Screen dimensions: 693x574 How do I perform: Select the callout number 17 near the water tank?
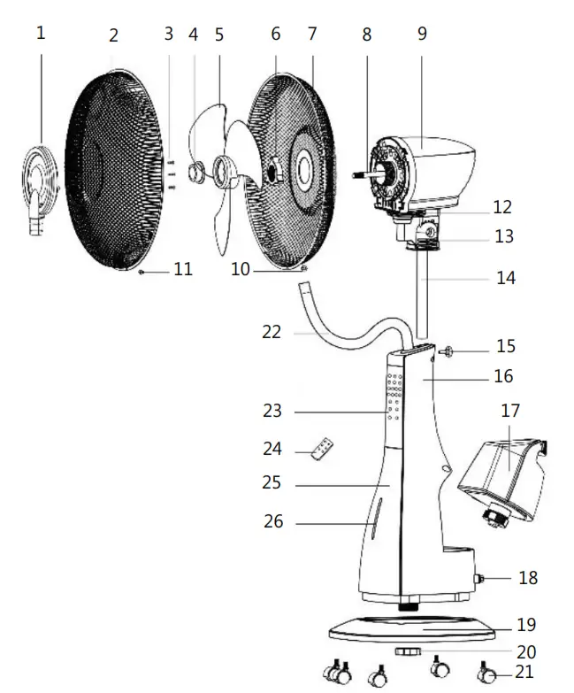click(x=510, y=411)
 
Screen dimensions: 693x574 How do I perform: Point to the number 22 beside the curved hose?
click(x=272, y=332)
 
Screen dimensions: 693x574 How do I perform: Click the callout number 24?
click(x=272, y=450)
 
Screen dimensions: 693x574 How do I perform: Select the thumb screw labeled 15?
click(x=447, y=352)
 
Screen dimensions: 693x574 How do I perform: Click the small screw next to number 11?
click(x=142, y=272)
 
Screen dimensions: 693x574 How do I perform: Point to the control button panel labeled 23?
click(x=394, y=397)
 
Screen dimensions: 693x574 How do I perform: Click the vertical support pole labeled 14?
click(x=424, y=292)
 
